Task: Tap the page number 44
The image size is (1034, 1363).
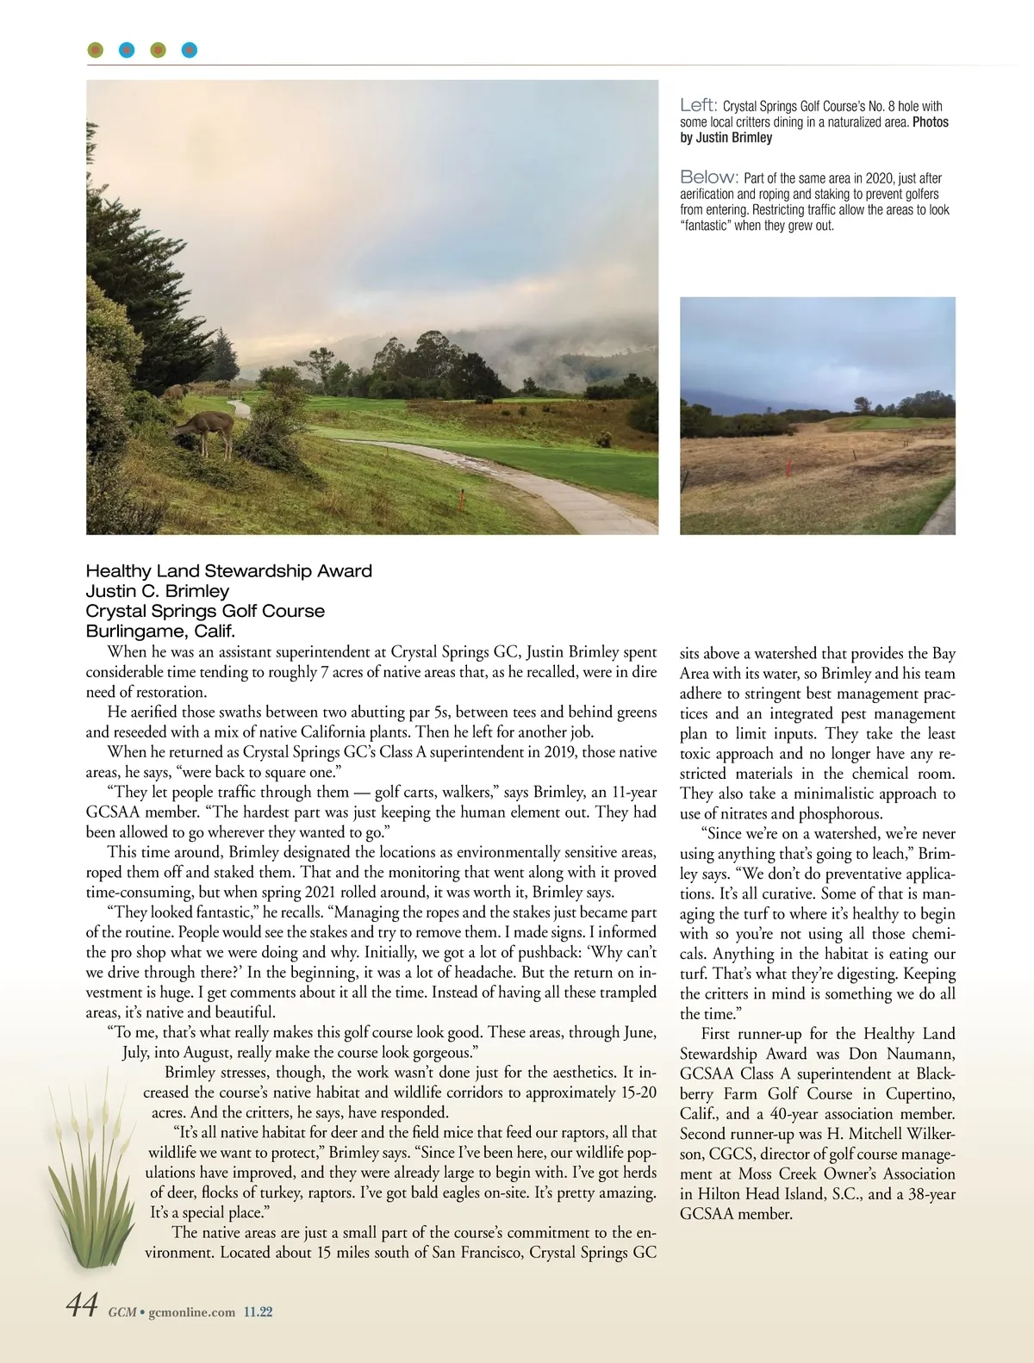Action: coord(83,1306)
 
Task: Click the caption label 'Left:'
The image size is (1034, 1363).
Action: coord(698,105)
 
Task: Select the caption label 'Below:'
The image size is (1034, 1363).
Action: coord(709,177)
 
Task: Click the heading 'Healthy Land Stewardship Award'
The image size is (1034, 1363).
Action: coord(229,571)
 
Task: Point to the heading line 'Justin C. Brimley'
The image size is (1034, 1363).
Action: coord(158,591)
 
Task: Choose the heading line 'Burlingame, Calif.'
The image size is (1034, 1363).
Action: coord(160,631)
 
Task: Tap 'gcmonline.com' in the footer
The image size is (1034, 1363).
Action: coord(192,1312)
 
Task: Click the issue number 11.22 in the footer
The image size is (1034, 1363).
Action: coord(258,1312)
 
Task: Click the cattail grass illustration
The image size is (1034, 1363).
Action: coord(86,1172)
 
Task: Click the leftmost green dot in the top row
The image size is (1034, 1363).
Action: coord(96,50)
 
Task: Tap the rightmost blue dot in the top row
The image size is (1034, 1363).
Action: coord(190,50)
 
